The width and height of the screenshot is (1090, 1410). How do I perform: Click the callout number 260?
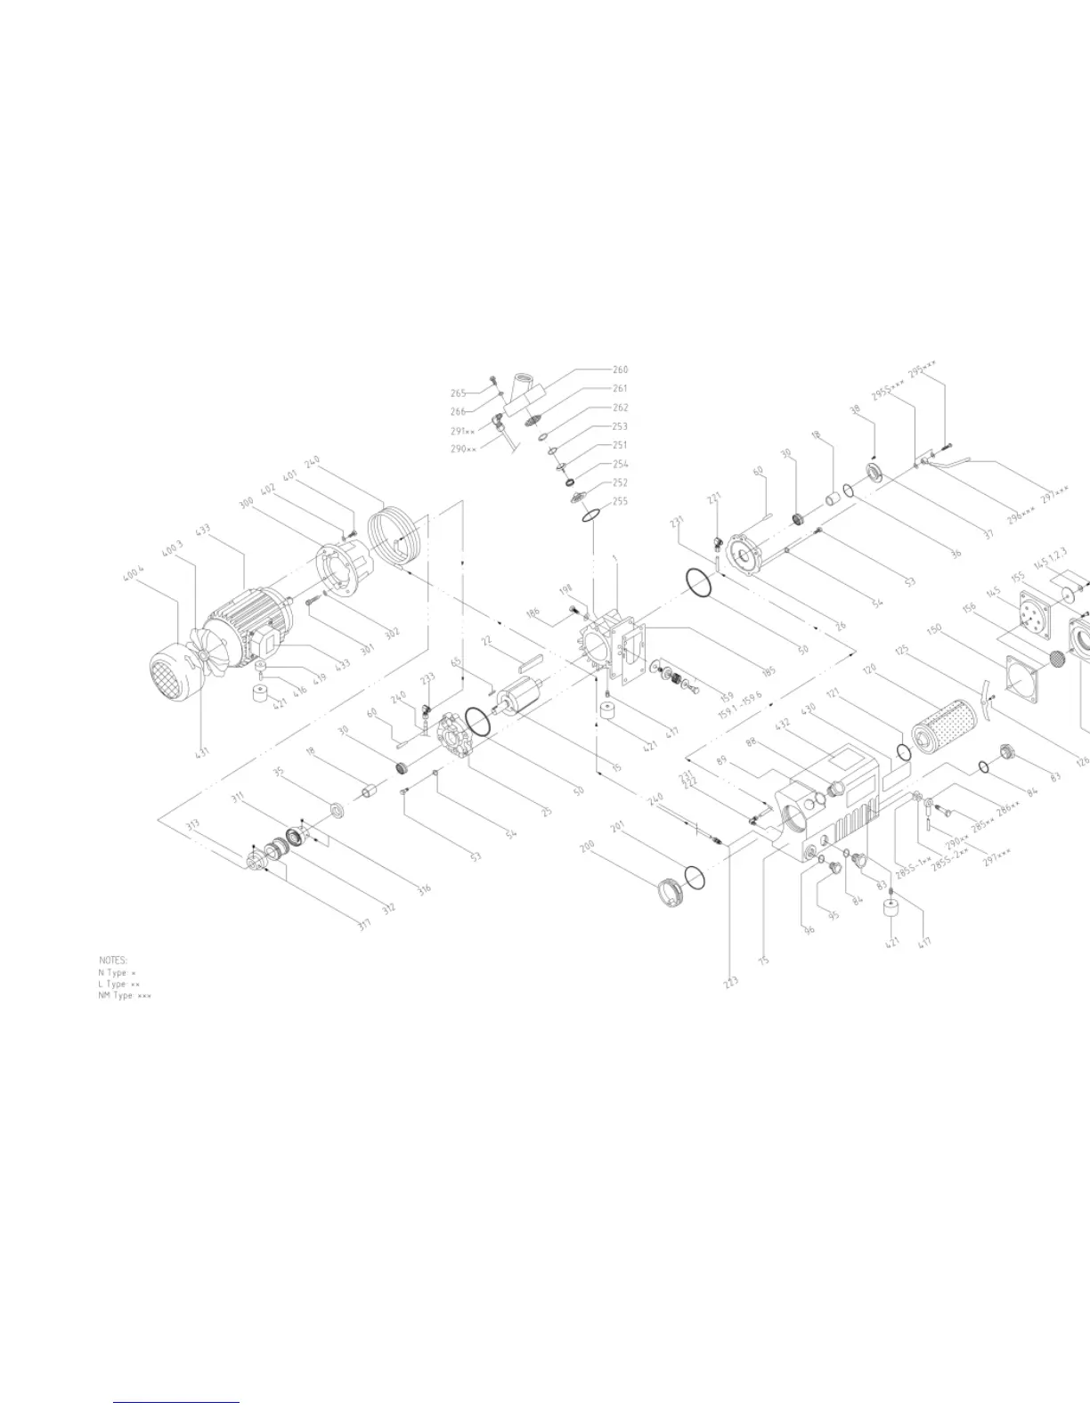click(x=621, y=369)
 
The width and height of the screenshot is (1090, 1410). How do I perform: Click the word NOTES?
click(x=113, y=960)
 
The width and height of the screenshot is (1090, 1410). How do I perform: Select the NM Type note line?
click(x=125, y=995)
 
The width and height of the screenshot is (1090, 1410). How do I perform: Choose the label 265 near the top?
click(x=459, y=393)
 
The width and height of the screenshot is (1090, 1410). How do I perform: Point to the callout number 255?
click(x=620, y=501)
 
